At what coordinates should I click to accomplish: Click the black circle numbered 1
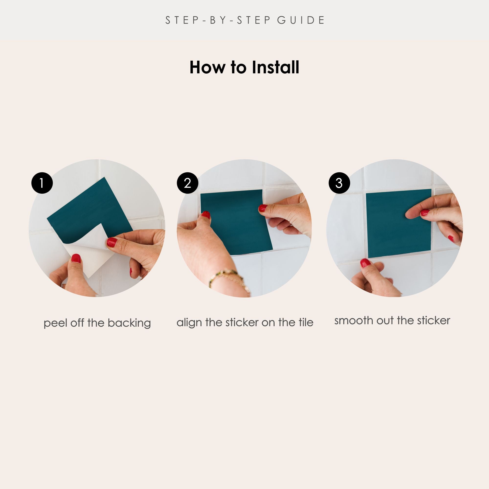click(x=42, y=183)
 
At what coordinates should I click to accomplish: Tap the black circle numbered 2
click(x=188, y=183)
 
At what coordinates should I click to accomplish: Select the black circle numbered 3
click(x=339, y=183)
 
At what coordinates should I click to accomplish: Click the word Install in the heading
click(x=275, y=67)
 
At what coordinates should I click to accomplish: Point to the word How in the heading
click(x=208, y=67)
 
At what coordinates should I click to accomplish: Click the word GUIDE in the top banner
click(x=301, y=20)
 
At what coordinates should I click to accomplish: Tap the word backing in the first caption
click(x=129, y=323)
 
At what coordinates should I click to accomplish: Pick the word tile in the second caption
click(x=306, y=322)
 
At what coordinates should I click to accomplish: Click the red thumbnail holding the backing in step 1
click(x=76, y=258)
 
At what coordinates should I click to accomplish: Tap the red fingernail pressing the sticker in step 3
click(x=425, y=212)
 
